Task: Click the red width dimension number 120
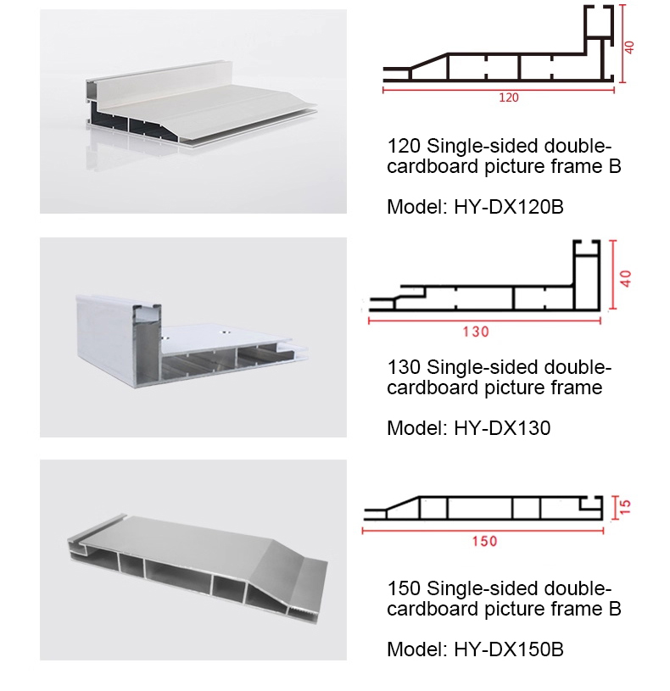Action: pos(508,98)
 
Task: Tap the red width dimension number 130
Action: pos(476,332)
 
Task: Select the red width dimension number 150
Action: pos(484,541)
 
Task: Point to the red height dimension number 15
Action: pos(625,507)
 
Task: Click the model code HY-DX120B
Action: pos(509,207)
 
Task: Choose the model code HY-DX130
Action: pos(502,428)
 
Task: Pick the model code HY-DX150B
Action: pos(509,649)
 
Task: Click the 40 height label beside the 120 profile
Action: pos(629,47)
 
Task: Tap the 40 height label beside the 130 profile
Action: pos(625,278)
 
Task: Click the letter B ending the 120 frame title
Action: pos(615,166)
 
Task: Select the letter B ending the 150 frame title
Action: pos(615,609)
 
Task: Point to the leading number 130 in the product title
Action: pos(404,367)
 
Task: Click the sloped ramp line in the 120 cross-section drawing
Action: pos(429,61)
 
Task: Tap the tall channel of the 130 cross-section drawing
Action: pos(587,276)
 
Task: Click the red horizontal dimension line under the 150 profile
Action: pos(483,531)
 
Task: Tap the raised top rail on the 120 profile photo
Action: pos(159,82)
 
